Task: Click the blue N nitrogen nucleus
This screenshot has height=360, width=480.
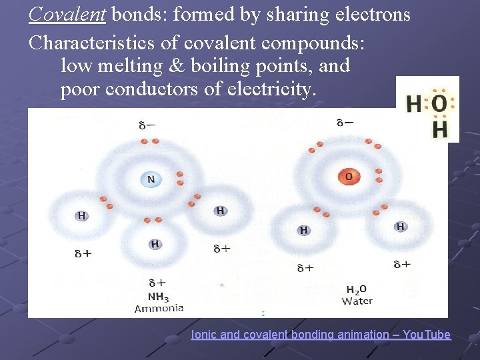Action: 151,179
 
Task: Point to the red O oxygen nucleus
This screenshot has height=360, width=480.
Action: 348,177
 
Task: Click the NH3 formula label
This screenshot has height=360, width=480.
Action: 158,297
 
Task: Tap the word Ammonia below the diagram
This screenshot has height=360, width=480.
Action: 159,308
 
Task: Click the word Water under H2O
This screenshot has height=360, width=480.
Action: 357,301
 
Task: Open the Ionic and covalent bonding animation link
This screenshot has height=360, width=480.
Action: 321,335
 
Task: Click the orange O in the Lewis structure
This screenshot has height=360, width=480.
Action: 439,103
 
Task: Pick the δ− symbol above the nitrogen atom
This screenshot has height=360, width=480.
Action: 147,125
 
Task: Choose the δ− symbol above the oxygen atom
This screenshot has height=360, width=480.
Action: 345,123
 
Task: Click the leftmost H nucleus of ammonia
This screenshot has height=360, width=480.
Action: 81,215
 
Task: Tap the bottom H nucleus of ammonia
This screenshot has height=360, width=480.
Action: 155,244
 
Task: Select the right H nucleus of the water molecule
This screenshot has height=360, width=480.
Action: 401,227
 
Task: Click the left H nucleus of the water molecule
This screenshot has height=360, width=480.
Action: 303,230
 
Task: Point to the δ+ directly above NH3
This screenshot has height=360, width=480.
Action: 157,283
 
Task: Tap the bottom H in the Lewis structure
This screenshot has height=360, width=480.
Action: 439,129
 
